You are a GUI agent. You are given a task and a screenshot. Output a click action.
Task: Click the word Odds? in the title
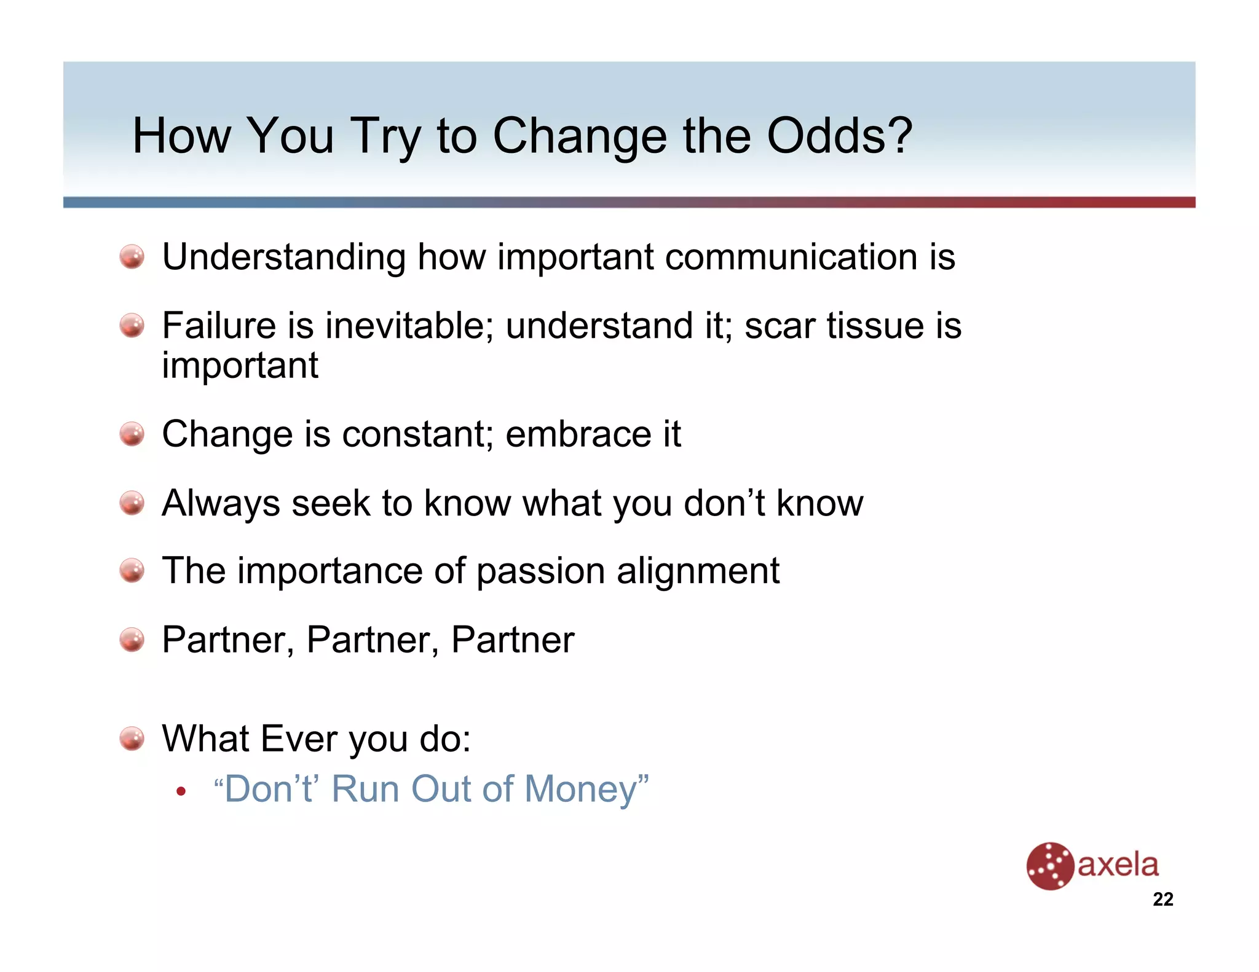click(839, 136)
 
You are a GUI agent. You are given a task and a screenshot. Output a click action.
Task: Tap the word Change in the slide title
click(579, 137)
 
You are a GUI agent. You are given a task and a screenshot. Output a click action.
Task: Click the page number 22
click(1162, 899)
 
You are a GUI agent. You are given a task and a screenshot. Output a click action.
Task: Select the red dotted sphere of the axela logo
click(1050, 866)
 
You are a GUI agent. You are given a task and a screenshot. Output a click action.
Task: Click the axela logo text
click(1118, 864)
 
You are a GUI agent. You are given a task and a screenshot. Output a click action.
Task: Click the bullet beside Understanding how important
click(132, 257)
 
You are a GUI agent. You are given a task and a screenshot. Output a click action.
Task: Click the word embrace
click(578, 434)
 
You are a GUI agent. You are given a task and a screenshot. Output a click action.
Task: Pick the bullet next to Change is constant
click(132, 434)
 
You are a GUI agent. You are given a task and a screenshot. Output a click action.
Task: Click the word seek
click(330, 503)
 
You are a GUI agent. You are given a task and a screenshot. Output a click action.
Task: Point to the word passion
click(540, 571)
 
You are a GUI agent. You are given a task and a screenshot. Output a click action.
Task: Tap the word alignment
click(698, 571)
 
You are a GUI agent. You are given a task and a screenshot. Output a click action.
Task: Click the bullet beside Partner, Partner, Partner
click(132, 640)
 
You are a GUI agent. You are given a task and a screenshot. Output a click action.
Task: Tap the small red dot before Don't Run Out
click(180, 791)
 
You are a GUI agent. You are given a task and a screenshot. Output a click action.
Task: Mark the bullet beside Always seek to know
click(132, 503)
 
